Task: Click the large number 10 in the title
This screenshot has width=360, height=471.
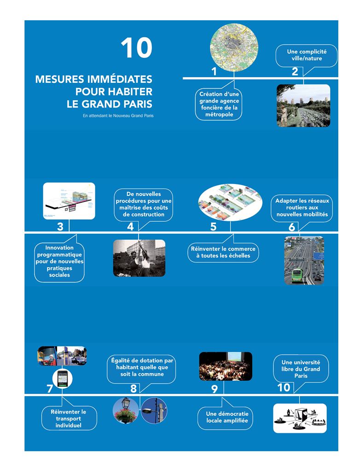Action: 136,48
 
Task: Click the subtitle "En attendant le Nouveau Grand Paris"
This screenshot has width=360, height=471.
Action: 118,116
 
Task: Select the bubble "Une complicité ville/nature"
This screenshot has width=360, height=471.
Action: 306,56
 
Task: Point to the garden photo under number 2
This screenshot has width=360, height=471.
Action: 303,105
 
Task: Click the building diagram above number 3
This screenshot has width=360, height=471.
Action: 69,201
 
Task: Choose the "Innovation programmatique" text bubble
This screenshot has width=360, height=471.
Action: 59,261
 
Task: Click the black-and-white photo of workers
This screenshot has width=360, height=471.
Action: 139,258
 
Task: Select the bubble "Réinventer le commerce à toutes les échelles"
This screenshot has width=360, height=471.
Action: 223,252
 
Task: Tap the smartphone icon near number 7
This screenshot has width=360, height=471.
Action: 63,379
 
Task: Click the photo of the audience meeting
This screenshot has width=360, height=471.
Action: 226,366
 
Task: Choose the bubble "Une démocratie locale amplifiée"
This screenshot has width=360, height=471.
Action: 226,417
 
